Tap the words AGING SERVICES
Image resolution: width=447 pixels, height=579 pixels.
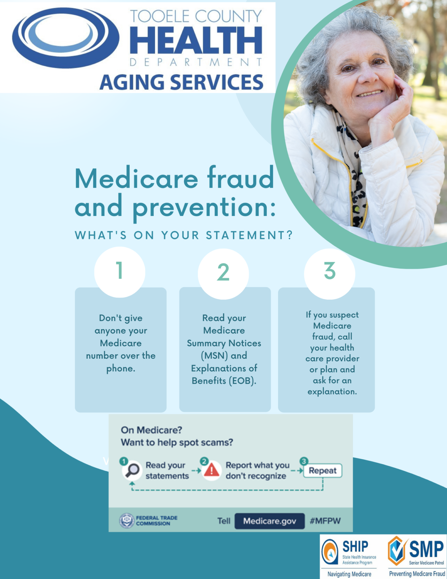coord(181,82)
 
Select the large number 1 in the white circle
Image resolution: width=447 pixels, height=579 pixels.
coord(119,271)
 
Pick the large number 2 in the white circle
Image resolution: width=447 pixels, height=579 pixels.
coord(223,273)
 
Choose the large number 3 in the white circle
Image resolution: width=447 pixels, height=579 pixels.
coord(330,271)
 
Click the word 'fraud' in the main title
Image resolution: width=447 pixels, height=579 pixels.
coord(241,178)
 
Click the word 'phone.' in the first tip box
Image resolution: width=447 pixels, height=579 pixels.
coord(120,369)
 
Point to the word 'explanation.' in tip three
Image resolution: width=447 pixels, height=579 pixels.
coord(332,392)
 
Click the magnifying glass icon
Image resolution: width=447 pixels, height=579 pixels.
coord(132,470)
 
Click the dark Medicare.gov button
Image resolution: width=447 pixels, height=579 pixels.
coord(269,521)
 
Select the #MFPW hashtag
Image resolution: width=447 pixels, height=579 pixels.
coord(325,521)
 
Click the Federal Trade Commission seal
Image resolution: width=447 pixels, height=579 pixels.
coord(126,521)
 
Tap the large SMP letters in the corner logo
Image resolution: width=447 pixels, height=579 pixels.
coord(426,549)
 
